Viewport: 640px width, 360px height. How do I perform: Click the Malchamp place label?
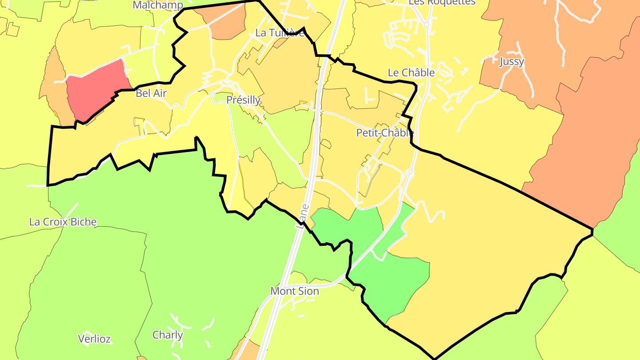(x=158, y=5)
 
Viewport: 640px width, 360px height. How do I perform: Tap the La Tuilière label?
(x=280, y=33)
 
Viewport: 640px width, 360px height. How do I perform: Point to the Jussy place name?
(x=512, y=61)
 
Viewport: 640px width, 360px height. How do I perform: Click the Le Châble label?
(x=411, y=72)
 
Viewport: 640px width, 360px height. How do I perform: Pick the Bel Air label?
(x=151, y=93)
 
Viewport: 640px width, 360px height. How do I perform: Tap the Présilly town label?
(x=243, y=100)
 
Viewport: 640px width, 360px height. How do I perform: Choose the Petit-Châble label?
(x=385, y=132)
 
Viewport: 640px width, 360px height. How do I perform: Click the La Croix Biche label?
(x=63, y=222)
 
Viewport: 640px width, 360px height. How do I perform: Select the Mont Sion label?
(x=295, y=291)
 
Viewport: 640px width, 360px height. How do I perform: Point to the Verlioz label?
(x=94, y=339)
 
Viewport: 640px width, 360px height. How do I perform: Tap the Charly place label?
(x=168, y=335)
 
